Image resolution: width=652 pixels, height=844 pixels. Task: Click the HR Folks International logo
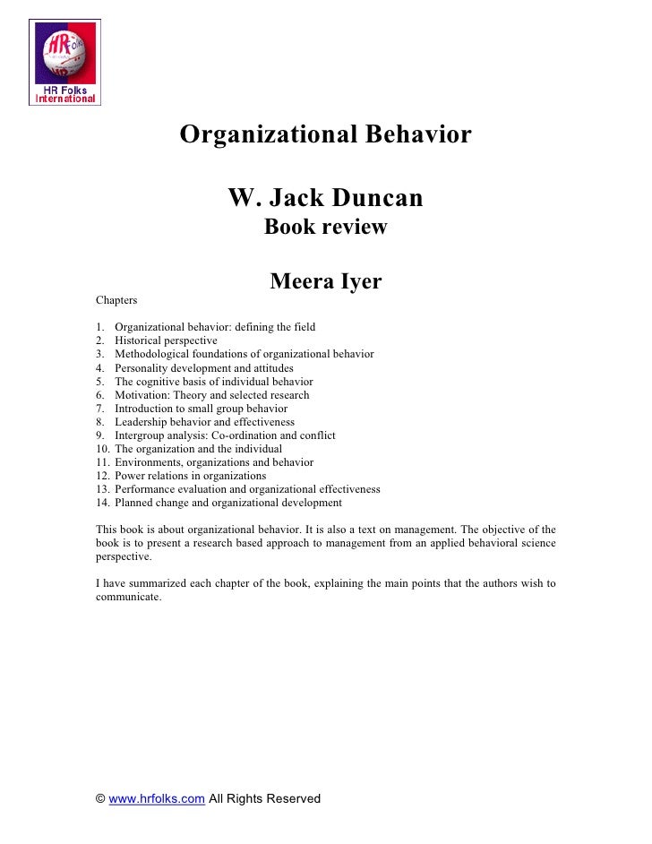click(x=65, y=61)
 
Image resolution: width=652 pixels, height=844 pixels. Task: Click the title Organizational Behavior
click(x=325, y=135)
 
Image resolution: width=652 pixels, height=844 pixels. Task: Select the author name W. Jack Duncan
click(x=325, y=197)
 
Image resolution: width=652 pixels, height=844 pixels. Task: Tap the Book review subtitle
click(x=325, y=228)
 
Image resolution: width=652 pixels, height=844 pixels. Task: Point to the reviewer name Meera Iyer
click(x=325, y=282)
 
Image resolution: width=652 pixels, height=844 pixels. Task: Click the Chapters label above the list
click(x=116, y=300)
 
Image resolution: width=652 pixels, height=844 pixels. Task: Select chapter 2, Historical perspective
click(x=166, y=340)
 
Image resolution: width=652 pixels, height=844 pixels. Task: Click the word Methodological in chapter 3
click(x=150, y=354)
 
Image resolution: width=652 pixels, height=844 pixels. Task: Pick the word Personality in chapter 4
click(x=140, y=367)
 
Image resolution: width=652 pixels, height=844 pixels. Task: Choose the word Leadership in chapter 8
click(x=142, y=421)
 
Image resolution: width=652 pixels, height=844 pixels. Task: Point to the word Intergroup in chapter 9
click(x=141, y=435)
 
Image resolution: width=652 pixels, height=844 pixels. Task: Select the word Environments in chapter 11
click(x=149, y=462)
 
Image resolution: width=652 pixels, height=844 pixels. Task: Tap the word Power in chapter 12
click(x=129, y=476)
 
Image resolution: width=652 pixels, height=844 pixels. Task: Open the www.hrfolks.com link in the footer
click(x=157, y=798)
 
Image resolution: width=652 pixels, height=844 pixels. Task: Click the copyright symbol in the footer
click(x=100, y=798)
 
